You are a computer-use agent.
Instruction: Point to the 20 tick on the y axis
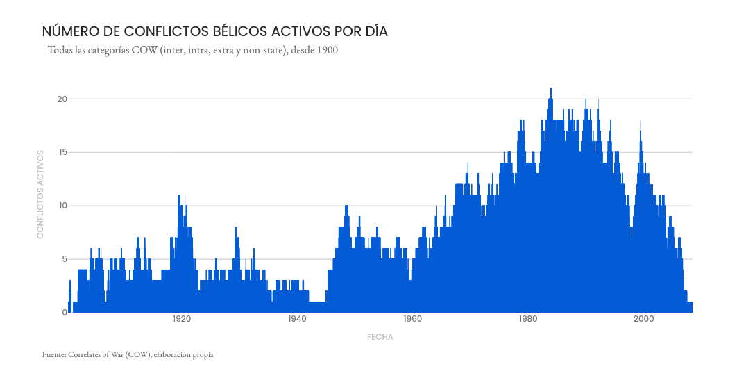(x=62, y=99)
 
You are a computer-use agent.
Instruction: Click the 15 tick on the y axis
(x=62, y=153)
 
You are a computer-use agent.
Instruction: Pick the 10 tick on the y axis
(x=62, y=206)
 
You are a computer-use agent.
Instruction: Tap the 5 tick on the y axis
(x=64, y=259)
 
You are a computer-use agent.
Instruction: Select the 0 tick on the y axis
(x=64, y=313)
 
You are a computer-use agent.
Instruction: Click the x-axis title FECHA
(x=380, y=337)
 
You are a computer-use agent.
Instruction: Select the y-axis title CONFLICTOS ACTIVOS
(x=40, y=194)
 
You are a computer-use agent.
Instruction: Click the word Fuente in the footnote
(x=53, y=355)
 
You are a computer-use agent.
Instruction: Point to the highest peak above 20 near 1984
(x=551, y=89)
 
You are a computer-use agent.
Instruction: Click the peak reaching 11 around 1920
(x=179, y=197)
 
